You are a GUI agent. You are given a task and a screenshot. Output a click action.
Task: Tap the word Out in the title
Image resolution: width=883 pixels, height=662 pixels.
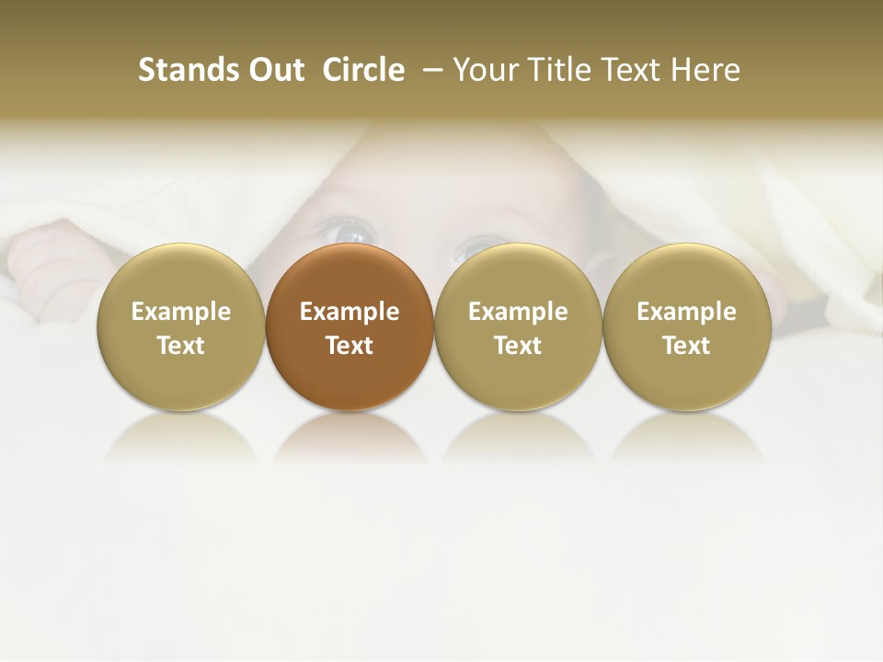273,70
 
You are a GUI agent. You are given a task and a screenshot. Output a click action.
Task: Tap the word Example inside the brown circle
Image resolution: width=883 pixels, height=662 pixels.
350,312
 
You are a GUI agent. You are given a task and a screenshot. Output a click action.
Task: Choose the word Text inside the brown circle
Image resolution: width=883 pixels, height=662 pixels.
350,346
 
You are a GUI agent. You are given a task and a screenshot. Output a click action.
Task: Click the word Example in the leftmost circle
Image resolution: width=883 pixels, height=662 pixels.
181,312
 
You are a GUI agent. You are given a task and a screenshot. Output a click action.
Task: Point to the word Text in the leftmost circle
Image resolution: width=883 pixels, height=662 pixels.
181,346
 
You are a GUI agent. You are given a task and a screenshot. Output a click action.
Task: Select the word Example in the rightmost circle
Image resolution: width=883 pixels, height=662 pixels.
686,312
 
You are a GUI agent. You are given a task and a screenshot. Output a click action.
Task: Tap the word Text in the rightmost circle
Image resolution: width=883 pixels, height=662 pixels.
686,346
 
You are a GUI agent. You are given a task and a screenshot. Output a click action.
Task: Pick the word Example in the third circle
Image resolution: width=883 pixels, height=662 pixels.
518,312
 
